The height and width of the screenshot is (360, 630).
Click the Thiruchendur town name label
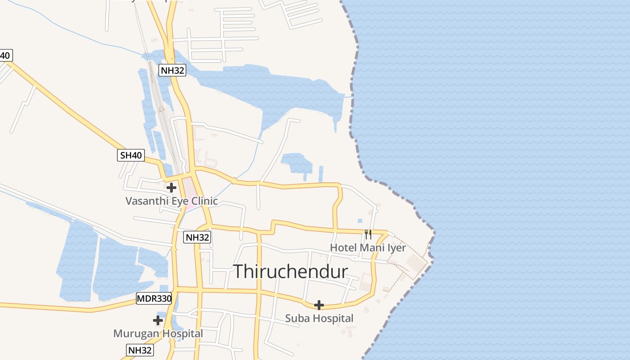pyautogui.click(x=291, y=271)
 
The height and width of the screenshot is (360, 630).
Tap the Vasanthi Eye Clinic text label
pyautogui.click(x=171, y=201)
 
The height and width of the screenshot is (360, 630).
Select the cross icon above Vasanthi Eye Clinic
pyautogui.click(x=171, y=187)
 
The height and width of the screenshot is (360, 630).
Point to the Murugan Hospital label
pyautogui.click(x=158, y=333)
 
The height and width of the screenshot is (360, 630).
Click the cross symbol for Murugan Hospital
pyautogui.click(x=158, y=320)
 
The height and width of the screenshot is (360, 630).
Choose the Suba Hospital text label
pyautogui.click(x=319, y=318)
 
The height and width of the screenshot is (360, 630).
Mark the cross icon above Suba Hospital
pyautogui.click(x=319, y=305)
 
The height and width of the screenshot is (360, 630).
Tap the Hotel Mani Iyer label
pyautogui.click(x=368, y=247)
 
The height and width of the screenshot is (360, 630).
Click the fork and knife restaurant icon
pyautogui.click(x=368, y=234)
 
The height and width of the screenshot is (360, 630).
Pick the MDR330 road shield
pyautogui.click(x=154, y=298)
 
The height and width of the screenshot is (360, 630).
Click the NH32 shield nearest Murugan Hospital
pyautogui.click(x=139, y=350)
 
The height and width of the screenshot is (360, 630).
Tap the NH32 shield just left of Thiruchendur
pyautogui.click(x=198, y=237)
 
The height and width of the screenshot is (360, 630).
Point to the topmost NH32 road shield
pyautogui.click(x=172, y=70)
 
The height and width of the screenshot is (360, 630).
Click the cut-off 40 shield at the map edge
pyautogui.click(x=5, y=56)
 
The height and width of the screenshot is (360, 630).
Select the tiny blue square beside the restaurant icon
pyautogui.click(x=360, y=221)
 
